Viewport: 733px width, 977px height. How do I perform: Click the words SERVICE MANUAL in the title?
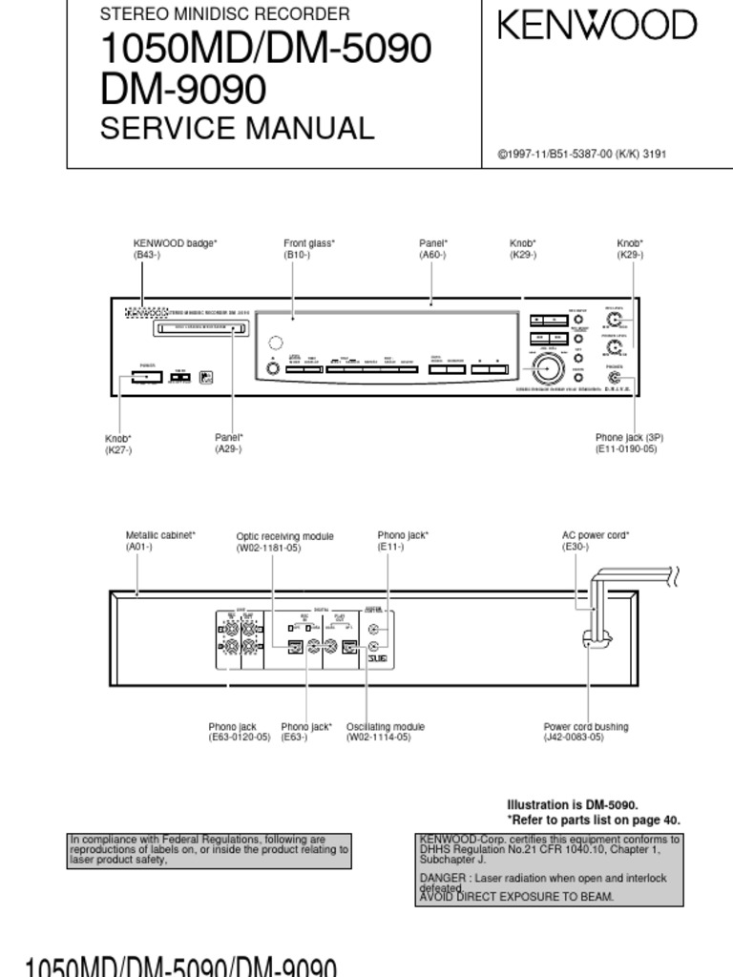(x=238, y=128)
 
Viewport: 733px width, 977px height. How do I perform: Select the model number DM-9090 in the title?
(x=183, y=90)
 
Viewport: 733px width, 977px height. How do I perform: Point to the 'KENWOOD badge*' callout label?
(x=175, y=244)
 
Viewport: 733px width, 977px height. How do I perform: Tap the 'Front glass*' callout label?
(x=309, y=244)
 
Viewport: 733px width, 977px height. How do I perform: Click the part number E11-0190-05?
(x=626, y=448)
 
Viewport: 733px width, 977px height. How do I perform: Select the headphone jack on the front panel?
(x=613, y=375)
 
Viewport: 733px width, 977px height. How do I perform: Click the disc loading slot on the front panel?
(x=199, y=329)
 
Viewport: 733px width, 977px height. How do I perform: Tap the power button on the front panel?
(x=147, y=379)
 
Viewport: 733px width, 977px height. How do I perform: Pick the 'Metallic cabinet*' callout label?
(x=160, y=536)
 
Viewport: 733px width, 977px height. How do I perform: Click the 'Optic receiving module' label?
(x=285, y=536)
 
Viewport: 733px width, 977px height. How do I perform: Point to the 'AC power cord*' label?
(x=596, y=536)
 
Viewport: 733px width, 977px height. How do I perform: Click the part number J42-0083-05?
(x=574, y=738)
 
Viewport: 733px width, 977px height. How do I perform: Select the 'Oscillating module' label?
(x=386, y=727)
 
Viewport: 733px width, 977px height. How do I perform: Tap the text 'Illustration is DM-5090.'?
(x=572, y=804)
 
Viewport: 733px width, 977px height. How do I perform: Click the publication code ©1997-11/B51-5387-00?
(x=555, y=154)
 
